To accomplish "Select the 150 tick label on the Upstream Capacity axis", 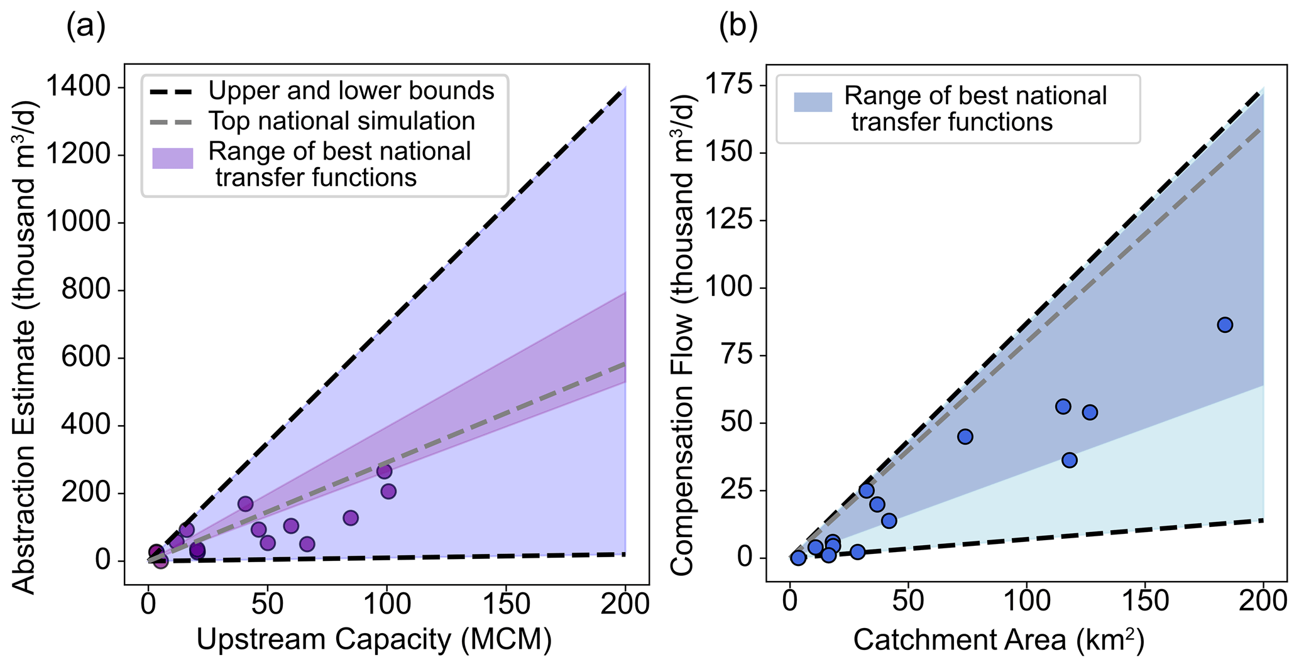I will point(506,604).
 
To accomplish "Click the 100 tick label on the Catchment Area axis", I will point(1026,602).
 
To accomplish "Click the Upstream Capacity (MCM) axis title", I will point(374,639).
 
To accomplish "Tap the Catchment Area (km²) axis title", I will point(999,639).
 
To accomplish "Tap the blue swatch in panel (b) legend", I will point(813,102).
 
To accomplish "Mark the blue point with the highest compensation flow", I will point(1224,325).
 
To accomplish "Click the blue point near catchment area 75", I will point(965,437).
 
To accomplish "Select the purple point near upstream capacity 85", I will point(351,518).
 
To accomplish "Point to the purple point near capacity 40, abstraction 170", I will point(245,504).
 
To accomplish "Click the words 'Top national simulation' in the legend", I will point(342,121).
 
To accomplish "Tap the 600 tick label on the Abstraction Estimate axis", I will point(93,358).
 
